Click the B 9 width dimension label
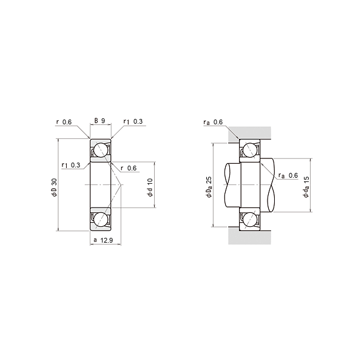point(99,121)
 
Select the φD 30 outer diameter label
point(54,187)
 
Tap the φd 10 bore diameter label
point(150,187)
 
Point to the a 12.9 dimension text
point(103,240)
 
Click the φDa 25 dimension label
point(209,187)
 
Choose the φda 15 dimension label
point(306,187)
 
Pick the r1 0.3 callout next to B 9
point(133,121)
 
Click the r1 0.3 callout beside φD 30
point(71,165)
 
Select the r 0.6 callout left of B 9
point(64,122)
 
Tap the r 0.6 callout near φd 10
point(129,168)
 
